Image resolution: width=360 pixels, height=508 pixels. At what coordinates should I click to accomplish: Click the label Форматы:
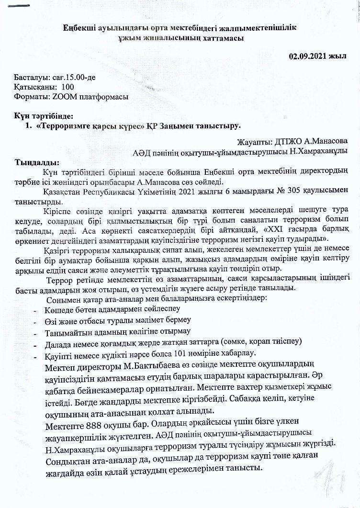coord(29,96)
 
